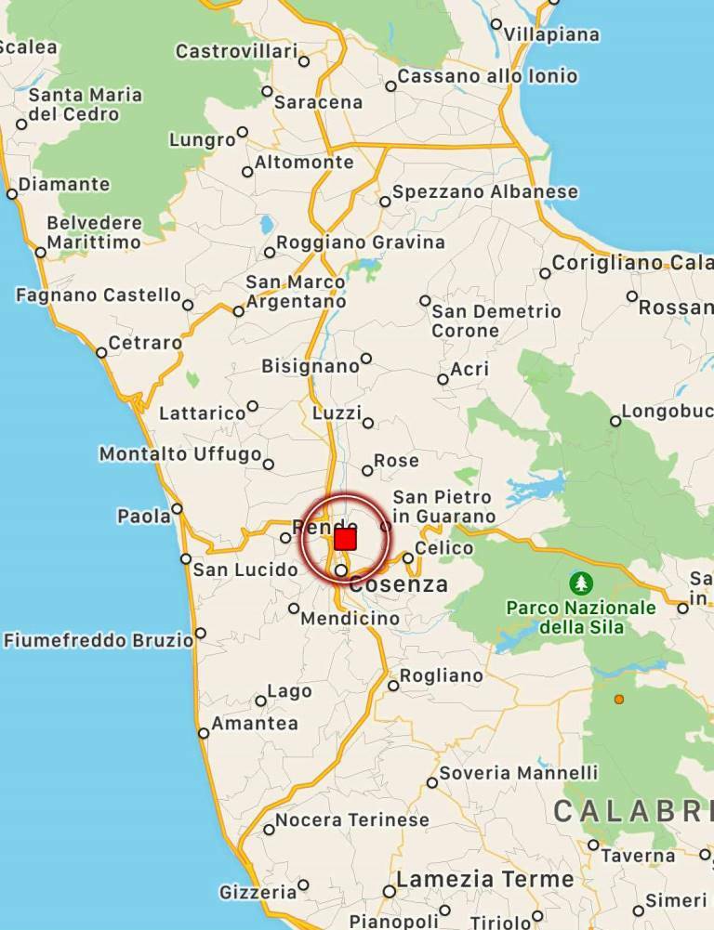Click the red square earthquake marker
(345, 539)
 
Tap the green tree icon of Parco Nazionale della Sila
(581, 583)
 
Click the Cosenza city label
(399, 585)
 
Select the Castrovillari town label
(237, 52)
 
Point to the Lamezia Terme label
(485, 879)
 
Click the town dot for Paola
(177, 508)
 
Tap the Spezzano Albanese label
(485, 192)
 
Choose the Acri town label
(469, 370)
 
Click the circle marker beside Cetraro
(101, 352)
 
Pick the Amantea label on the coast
(255, 724)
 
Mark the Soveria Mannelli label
(519, 773)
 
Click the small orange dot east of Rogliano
(619, 699)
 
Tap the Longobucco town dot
(615, 421)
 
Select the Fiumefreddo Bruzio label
(99, 640)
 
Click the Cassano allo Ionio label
(488, 76)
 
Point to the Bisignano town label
(311, 366)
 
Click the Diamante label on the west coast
(64, 184)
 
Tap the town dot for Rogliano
(393, 686)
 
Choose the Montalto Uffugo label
(180, 454)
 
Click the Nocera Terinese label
(352, 820)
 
